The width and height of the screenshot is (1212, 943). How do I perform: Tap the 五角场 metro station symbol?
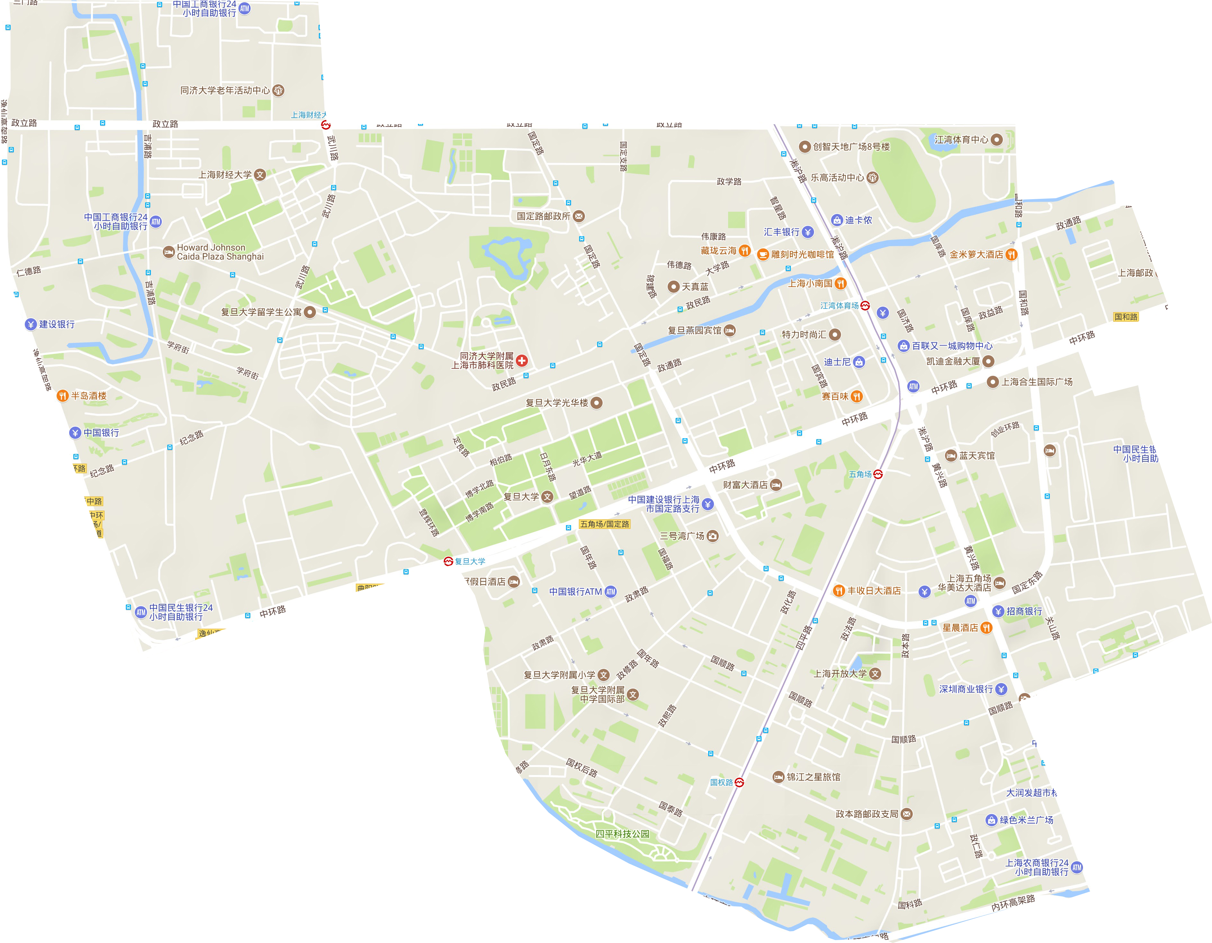pos(878,474)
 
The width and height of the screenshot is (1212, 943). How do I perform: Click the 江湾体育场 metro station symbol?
pos(865,306)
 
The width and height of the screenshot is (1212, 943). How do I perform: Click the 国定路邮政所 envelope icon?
pos(579,216)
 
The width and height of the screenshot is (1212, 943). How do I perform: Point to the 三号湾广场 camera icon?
pos(713,536)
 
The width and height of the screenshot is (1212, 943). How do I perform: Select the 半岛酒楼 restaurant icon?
pos(63,396)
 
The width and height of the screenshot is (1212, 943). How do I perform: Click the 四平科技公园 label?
pos(622,834)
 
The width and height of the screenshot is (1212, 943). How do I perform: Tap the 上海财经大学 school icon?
pos(260,175)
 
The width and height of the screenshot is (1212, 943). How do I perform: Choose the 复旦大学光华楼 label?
pos(557,402)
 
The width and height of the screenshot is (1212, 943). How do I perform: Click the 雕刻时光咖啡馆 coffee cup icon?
pos(763,255)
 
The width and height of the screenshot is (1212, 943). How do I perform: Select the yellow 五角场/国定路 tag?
pos(604,524)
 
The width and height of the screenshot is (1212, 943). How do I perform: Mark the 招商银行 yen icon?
pos(998,611)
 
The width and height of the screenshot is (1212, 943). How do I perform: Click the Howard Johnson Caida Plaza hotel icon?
pos(169,252)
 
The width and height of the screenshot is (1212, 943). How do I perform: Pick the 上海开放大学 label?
pos(840,674)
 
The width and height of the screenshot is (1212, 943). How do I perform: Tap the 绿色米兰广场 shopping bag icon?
pos(991,820)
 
